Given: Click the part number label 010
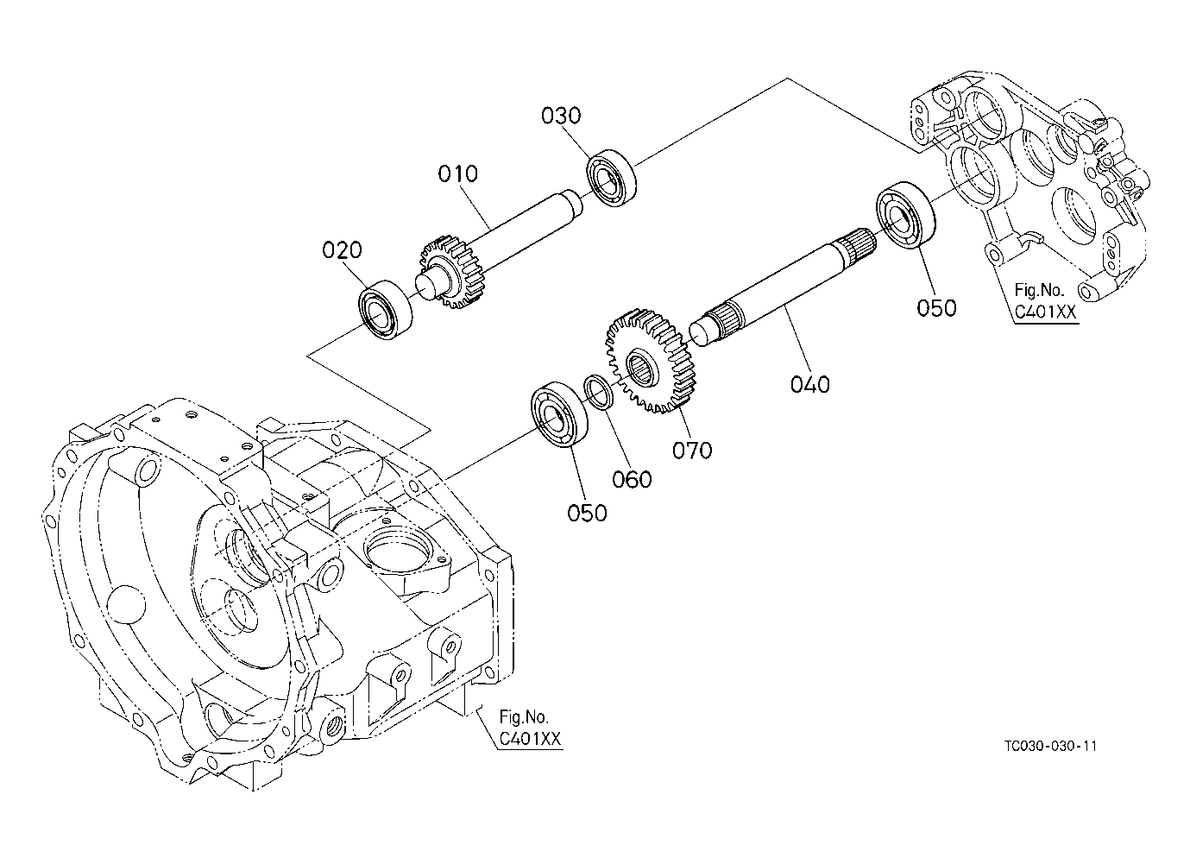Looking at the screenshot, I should (x=457, y=174).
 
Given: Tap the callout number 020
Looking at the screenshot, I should (x=343, y=250).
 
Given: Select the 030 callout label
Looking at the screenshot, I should (x=561, y=116).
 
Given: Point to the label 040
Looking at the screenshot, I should (x=809, y=384).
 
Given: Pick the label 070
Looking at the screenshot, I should (x=692, y=450).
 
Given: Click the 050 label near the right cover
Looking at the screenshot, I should (x=936, y=308).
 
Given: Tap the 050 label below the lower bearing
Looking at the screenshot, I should (x=587, y=513).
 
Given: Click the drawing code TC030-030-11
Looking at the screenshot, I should (x=1049, y=747).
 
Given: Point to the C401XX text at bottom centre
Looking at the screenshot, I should (x=531, y=740).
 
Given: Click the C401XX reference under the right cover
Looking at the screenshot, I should (x=1046, y=312).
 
